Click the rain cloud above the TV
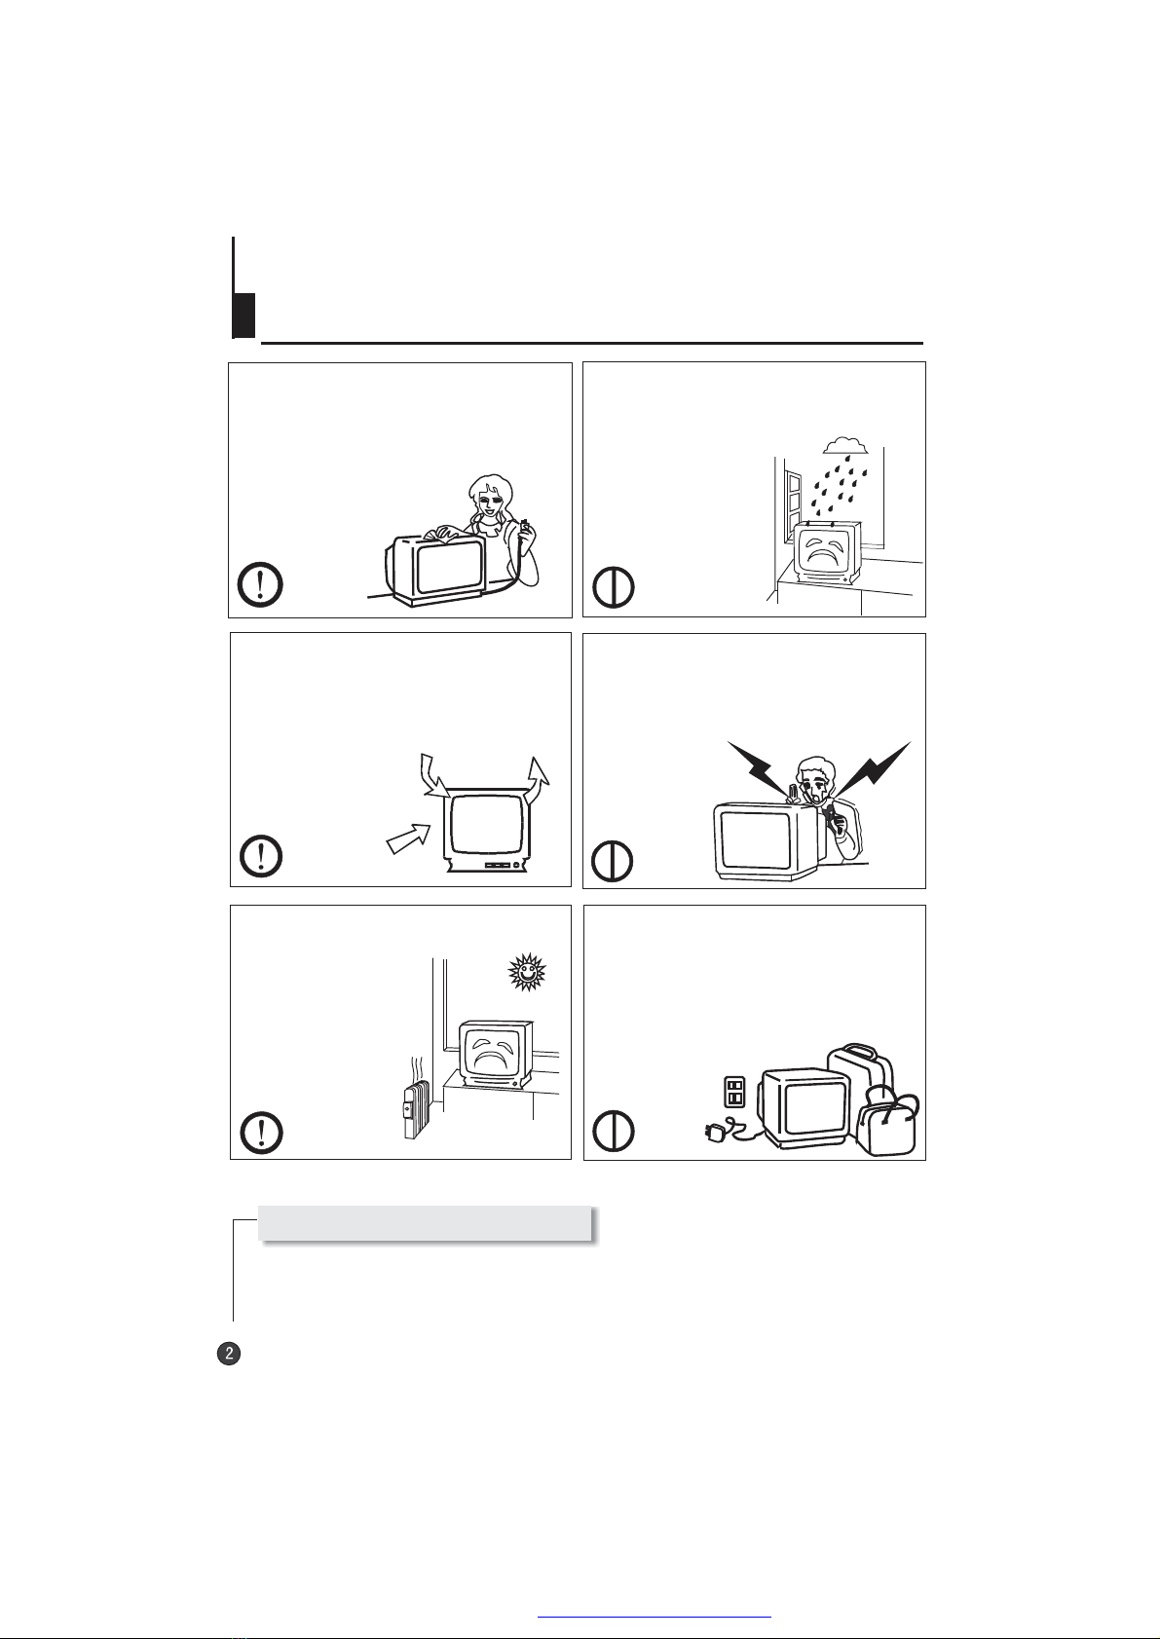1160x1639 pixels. [846, 445]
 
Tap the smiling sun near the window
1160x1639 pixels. [527, 973]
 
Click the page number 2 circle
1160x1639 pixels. [229, 1353]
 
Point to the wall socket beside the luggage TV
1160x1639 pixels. [734, 1092]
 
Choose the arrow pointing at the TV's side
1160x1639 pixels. [408, 838]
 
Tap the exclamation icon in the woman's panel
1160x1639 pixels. [261, 584]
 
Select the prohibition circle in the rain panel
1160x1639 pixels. [614, 587]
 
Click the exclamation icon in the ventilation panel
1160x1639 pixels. [261, 855]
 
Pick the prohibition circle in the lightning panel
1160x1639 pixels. [612, 860]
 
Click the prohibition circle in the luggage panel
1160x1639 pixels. [614, 1132]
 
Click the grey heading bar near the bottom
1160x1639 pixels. [426, 1222]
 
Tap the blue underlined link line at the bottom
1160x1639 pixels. [655, 1617]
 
